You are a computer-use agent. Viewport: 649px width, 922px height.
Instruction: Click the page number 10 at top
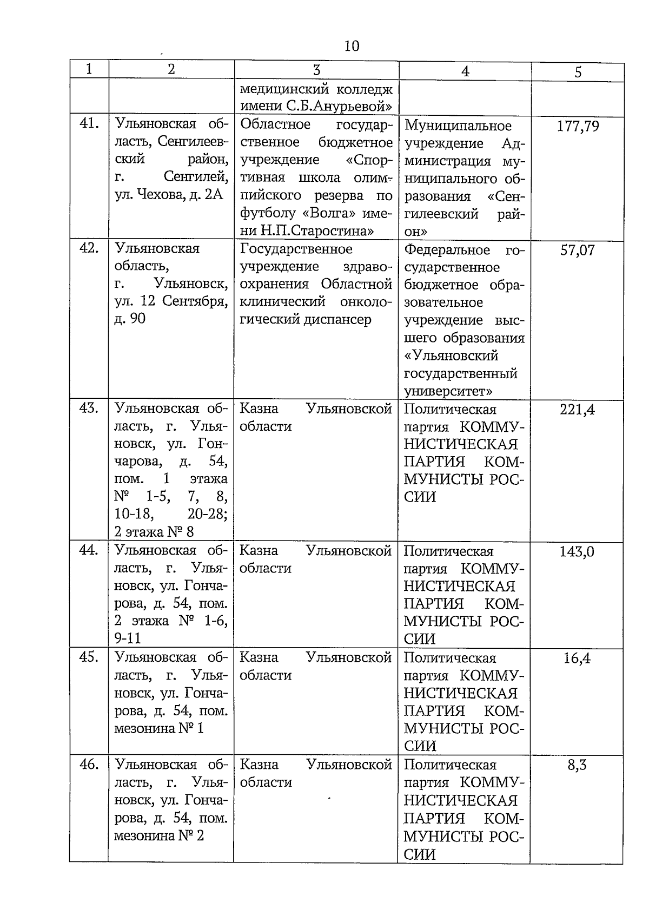tap(352, 45)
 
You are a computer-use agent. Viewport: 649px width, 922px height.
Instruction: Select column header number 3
tap(317, 70)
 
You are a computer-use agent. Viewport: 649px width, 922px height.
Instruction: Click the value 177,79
tap(578, 127)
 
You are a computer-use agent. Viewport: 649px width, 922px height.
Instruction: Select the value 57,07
tap(577, 251)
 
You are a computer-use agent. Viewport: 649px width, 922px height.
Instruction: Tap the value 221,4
tap(577, 410)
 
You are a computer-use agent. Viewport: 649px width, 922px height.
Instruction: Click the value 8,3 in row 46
tap(577, 765)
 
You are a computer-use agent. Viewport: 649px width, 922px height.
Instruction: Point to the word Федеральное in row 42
tap(447, 250)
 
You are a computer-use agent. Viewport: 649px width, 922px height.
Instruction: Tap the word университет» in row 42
tap(448, 390)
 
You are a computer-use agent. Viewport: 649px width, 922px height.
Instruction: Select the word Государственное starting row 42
tap(296, 249)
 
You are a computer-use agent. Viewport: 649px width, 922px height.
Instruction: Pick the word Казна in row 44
tap(259, 551)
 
